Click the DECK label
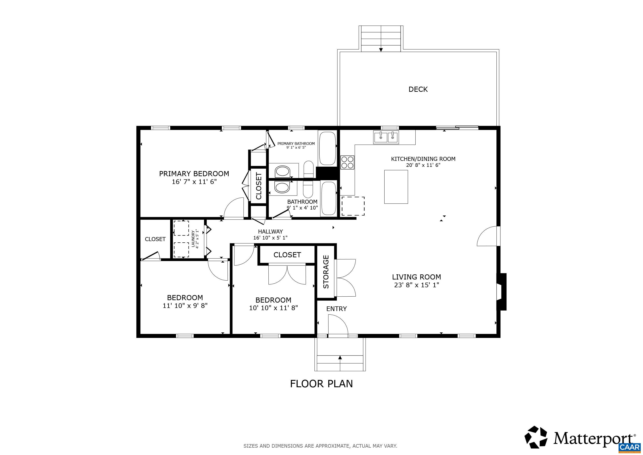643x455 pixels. pos(418,89)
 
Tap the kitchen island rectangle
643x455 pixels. pos(396,187)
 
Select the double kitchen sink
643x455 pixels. pos(387,138)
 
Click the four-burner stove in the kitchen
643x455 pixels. pos(347,162)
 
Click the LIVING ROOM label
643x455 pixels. pos(417,277)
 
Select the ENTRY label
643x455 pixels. pos(336,309)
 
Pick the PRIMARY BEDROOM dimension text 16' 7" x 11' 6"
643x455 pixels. pos(194,182)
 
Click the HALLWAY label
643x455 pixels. pos(270,232)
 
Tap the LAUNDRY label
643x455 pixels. pos(193,238)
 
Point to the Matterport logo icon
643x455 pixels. pos(536,445)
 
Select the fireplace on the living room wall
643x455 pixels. pos(501,292)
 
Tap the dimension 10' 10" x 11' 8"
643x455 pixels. pos(273,308)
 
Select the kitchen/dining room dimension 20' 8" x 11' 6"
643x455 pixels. pos(423,165)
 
